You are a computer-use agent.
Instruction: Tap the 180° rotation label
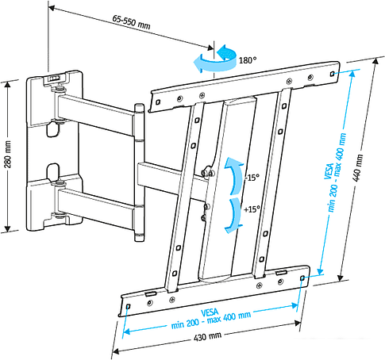248,60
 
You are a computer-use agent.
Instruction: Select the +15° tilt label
252,209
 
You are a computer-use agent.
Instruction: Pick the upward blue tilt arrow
232,174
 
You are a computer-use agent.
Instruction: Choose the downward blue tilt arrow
232,214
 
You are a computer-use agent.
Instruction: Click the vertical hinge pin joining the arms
139,170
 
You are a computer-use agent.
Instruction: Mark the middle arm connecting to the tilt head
171,173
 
